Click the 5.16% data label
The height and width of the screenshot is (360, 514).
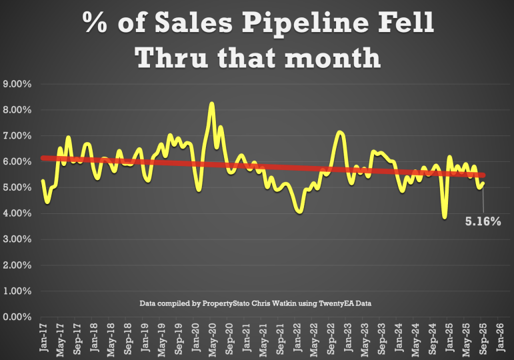click(483, 221)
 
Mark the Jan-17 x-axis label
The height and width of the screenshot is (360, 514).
click(43, 337)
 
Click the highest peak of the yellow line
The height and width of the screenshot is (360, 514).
click(211, 104)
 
